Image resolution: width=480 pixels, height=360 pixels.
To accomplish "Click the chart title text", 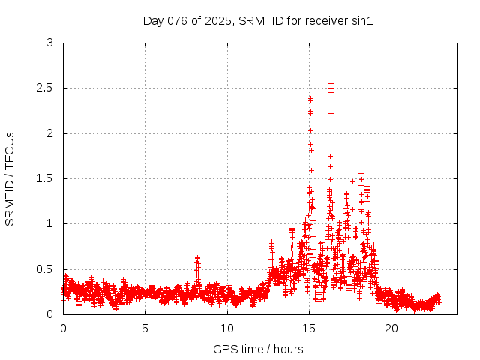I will (x=258, y=20).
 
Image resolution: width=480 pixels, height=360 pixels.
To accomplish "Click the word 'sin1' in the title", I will (x=361, y=20).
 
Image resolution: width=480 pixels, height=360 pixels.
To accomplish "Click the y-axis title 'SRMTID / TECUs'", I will (x=10, y=178).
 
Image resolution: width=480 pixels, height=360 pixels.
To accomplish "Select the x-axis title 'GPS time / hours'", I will (x=258, y=349).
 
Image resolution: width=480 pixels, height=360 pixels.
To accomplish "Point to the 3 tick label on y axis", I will (x=49, y=43).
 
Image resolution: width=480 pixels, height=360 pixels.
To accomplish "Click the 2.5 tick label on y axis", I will (x=46, y=88).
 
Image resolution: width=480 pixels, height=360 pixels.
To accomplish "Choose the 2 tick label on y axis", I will (x=49, y=133).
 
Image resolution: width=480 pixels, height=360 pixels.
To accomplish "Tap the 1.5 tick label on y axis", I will (x=46, y=178).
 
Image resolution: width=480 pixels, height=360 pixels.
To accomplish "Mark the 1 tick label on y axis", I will (x=49, y=223).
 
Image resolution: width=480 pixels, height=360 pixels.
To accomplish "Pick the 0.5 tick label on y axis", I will (x=46, y=268).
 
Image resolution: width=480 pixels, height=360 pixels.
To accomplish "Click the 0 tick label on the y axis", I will (x=49, y=313).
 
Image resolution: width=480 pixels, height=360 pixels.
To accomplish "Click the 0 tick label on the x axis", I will (x=63, y=328).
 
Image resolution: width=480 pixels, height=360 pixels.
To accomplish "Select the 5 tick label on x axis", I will (x=145, y=328).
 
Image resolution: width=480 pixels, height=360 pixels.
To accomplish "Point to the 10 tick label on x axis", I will (x=227, y=328).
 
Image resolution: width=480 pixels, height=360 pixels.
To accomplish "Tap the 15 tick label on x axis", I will (x=309, y=328).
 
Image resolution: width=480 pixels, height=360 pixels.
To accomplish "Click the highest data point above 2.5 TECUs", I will (x=331, y=84).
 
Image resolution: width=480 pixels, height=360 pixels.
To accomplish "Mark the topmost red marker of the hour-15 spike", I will (x=310, y=98).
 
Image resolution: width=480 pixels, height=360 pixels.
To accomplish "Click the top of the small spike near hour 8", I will (x=197, y=258).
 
